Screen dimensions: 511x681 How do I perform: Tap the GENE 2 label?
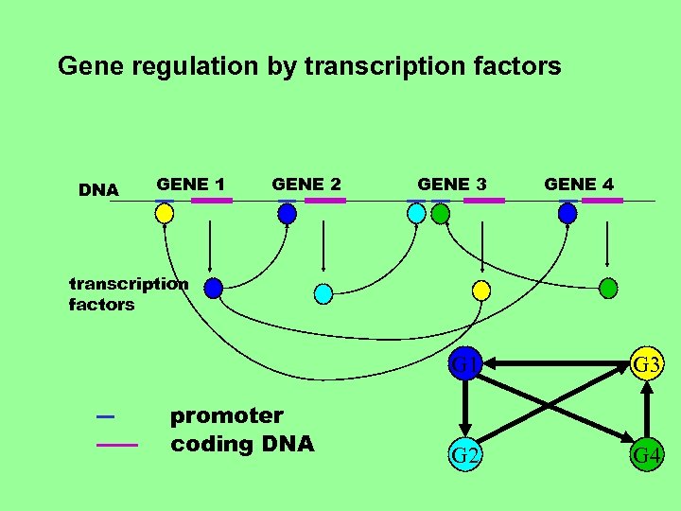[306, 184]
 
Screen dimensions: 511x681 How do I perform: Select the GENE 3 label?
[452, 184]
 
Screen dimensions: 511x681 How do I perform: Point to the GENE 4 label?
[579, 184]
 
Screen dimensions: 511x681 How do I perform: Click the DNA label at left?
[98, 190]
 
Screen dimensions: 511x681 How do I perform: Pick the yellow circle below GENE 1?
[165, 214]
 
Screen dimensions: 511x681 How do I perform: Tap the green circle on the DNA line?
[440, 214]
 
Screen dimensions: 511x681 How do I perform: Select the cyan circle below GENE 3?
[417, 214]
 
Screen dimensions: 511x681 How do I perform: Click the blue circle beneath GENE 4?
[567, 214]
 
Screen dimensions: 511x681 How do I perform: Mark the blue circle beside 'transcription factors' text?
[214, 287]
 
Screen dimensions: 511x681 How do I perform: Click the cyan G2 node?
[464, 455]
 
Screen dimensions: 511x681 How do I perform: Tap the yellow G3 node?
[647, 363]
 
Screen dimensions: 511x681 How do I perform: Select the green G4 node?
[647, 456]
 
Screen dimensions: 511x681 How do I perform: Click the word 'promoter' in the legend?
[226, 415]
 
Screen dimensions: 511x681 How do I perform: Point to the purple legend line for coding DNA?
[117, 444]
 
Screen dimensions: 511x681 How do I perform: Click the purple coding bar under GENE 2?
[324, 201]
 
